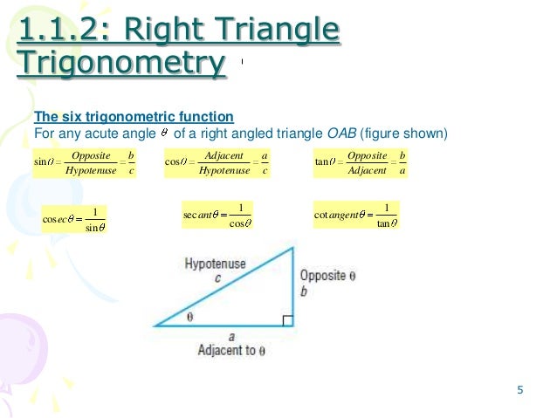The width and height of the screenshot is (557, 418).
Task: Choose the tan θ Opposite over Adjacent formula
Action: point(361,161)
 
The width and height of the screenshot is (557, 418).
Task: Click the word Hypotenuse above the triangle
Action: point(215,264)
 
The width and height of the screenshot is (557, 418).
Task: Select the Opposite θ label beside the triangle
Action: point(328,275)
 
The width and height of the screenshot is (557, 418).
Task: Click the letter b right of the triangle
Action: point(304,291)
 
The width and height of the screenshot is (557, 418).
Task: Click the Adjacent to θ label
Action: point(231,350)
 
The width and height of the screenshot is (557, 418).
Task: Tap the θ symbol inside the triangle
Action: point(189,318)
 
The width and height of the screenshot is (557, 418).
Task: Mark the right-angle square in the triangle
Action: point(287,320)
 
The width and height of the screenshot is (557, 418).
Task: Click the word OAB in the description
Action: point(345,134)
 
